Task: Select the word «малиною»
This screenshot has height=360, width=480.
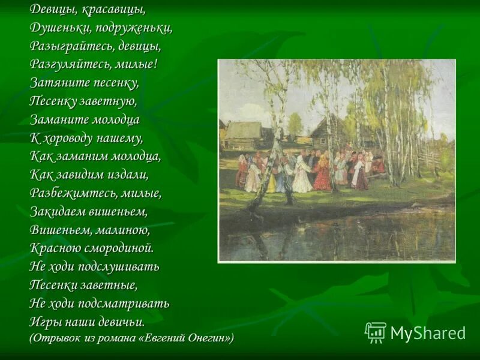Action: pyautogui.click(x=121, y=230)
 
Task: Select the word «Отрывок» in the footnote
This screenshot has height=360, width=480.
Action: pyautogui.click(x=55, y=338)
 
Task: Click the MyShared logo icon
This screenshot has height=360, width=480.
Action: pyautogui.click(x=376, y=332)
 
